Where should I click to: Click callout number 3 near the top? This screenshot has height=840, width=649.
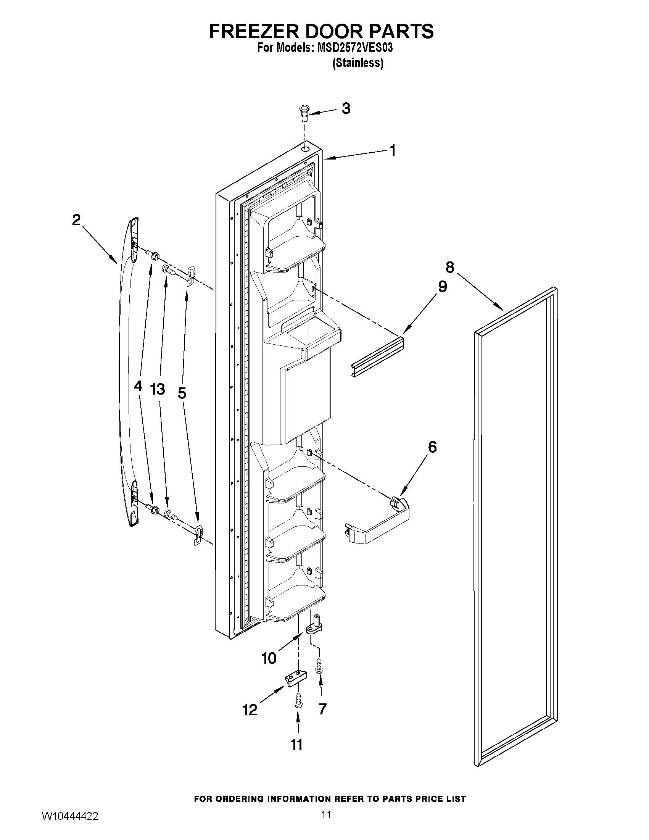[x=346, y=109]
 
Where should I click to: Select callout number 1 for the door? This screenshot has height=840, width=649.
[x=393, y=151]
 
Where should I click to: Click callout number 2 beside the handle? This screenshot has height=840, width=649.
[x=77, y=220]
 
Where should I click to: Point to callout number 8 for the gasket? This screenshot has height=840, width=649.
[x=450, y=266]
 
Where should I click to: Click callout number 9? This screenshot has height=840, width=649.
[x=442, y=287]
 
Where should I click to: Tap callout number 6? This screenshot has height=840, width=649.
[x=432, y=447]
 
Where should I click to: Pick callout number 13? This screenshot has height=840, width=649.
[x=158, y=389]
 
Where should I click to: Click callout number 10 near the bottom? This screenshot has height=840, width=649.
[x=269, y=658]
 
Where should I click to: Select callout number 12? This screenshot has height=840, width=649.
[x=250, y=709]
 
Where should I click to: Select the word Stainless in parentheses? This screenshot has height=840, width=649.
[x=358, y=63]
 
